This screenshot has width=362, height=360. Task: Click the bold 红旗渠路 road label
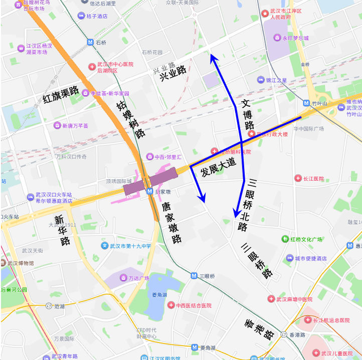[x=61, y=94]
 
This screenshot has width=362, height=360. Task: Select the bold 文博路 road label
[x=248, y=115]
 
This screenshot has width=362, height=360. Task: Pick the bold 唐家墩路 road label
[x=171, y=222]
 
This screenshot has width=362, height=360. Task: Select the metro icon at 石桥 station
[x=90, y=43]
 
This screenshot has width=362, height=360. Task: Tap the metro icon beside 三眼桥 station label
[x=194, y=276]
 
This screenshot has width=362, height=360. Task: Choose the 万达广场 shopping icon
[x=123, y=278]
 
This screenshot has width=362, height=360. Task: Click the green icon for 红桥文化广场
[x=285, y=239]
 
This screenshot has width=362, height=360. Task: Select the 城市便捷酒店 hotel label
[x=310, y=258]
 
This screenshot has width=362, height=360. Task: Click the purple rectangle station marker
[x=150, y=181]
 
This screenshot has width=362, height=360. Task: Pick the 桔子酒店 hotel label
[x=97, y=16]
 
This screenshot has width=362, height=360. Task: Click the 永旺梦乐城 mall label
[x=295, y=38]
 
